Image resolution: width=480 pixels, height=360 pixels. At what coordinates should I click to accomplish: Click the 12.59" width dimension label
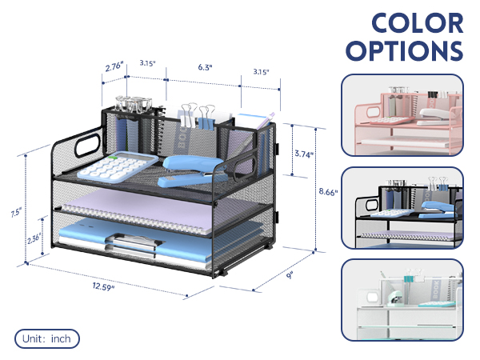103,286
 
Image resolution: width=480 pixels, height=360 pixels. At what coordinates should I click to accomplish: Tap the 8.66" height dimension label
328,192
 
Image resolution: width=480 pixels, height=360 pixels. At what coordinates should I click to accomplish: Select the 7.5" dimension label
16,212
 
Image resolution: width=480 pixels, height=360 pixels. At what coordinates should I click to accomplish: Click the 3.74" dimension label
304,154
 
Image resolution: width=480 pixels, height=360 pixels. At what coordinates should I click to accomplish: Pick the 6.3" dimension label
205,67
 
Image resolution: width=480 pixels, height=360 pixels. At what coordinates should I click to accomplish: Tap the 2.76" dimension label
114,66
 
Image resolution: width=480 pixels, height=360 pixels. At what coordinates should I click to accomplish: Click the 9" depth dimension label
290,275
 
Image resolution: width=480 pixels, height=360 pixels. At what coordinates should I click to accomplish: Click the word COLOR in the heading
418,23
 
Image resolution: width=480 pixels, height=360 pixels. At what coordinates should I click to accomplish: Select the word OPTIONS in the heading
404,51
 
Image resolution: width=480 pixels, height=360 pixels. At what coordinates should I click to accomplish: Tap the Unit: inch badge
47,338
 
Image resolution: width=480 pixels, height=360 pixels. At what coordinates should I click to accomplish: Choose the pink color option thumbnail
402,115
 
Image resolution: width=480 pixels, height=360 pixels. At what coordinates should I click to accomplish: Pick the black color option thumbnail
402,208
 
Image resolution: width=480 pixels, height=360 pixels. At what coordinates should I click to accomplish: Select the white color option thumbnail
402,300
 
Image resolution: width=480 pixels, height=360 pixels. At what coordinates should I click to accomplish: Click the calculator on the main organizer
118,166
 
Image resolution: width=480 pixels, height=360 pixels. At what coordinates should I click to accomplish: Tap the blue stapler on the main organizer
192,170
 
